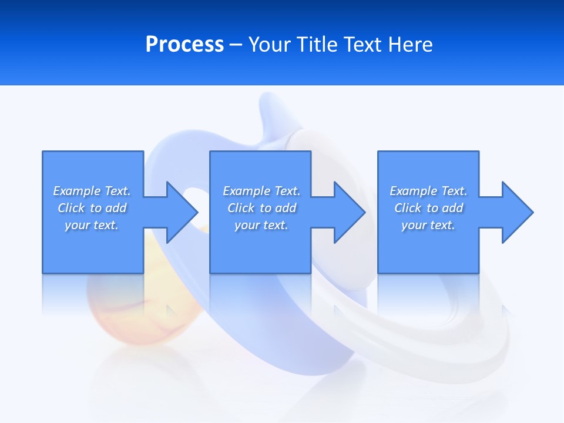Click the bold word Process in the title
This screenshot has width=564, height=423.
pos(184,45)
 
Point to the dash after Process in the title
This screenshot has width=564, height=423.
pos(236,45)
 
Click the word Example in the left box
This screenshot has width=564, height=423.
pos(76,191)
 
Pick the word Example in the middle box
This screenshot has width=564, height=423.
pos(246,191)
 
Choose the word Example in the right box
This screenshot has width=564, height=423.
pos(413,191)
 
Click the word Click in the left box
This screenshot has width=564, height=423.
pos(71,208)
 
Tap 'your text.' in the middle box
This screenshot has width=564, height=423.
pos(261,225)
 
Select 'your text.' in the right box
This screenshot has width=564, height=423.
pos(428,225)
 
